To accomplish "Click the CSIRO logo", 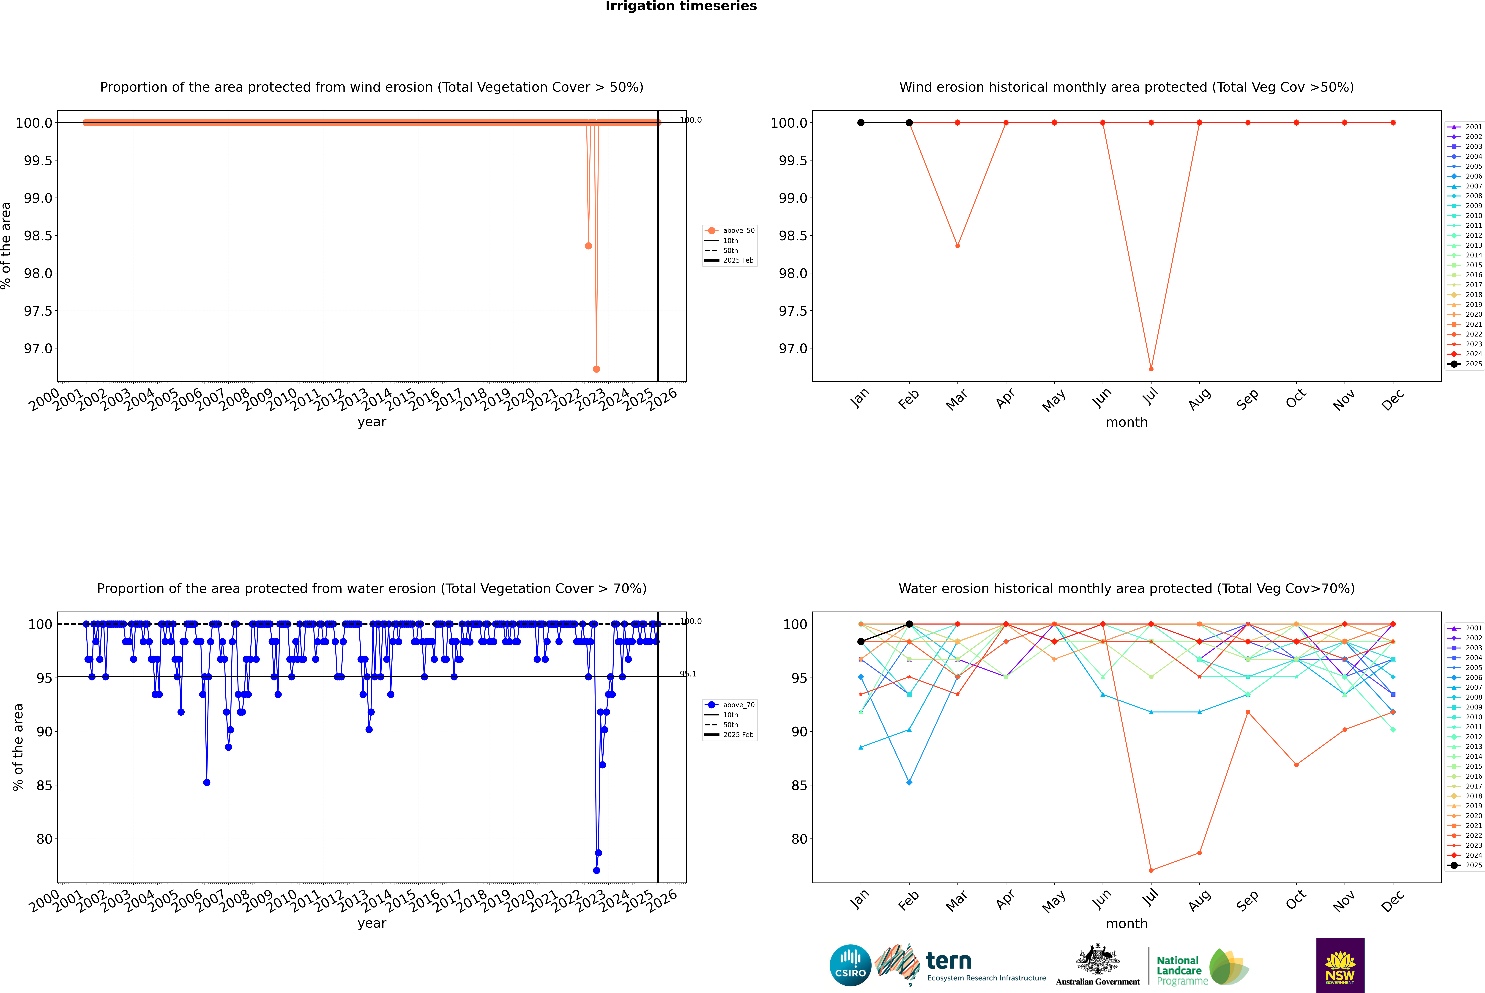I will [x=850, y=965].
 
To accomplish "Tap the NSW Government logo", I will [x=1340, y=965].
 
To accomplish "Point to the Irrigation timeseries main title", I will [x=681, y=6].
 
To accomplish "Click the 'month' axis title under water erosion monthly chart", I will [x=1126, y=924].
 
